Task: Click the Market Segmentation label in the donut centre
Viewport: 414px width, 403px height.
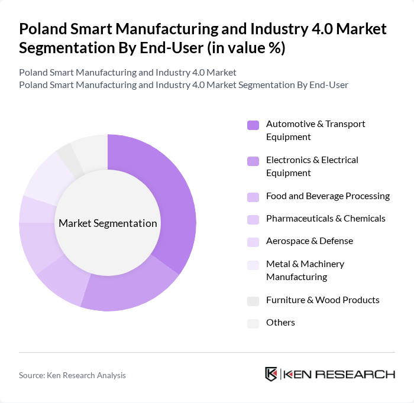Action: [x=108, y=223]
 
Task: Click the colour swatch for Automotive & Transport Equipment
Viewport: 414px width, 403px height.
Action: [x=253, y=125]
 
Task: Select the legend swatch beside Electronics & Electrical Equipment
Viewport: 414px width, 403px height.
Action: [x=253, y=161]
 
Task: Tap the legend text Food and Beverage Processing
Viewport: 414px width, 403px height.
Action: [x=328, y=196]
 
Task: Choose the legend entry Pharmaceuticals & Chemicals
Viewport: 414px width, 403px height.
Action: [x=325, y=219]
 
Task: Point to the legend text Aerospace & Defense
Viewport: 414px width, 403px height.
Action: [x=309, y=241]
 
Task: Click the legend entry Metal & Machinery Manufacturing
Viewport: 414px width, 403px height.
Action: [x=305, y=270]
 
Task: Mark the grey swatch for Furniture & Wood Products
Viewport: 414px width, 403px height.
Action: [x=253, y=301]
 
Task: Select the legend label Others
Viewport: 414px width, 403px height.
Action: [x=280, y=323]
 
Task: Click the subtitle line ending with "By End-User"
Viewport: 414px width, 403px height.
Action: [x=183, y=84]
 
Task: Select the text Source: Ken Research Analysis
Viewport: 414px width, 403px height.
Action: [x=72, y=375]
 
